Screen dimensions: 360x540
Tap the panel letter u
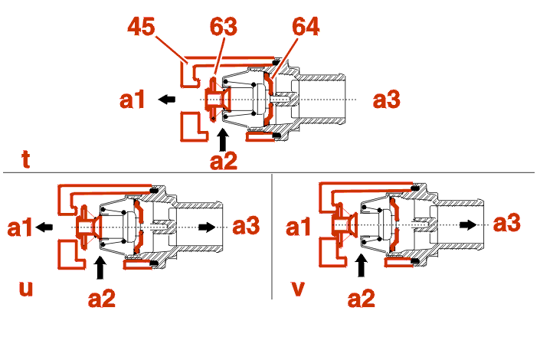coord(27,289)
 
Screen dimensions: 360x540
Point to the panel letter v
coord(299,289)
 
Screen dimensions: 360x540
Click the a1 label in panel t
coord(133,99)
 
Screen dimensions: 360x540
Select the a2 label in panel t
coord(224,162)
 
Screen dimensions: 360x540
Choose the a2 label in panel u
coord(101,298)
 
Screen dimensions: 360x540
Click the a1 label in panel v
coord(299,227)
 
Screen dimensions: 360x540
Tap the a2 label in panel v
coord(362,298)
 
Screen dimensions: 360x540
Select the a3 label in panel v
coord(507,224)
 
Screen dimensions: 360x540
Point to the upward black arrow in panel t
coord(223,139)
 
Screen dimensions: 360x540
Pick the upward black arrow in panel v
coord(361,266)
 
